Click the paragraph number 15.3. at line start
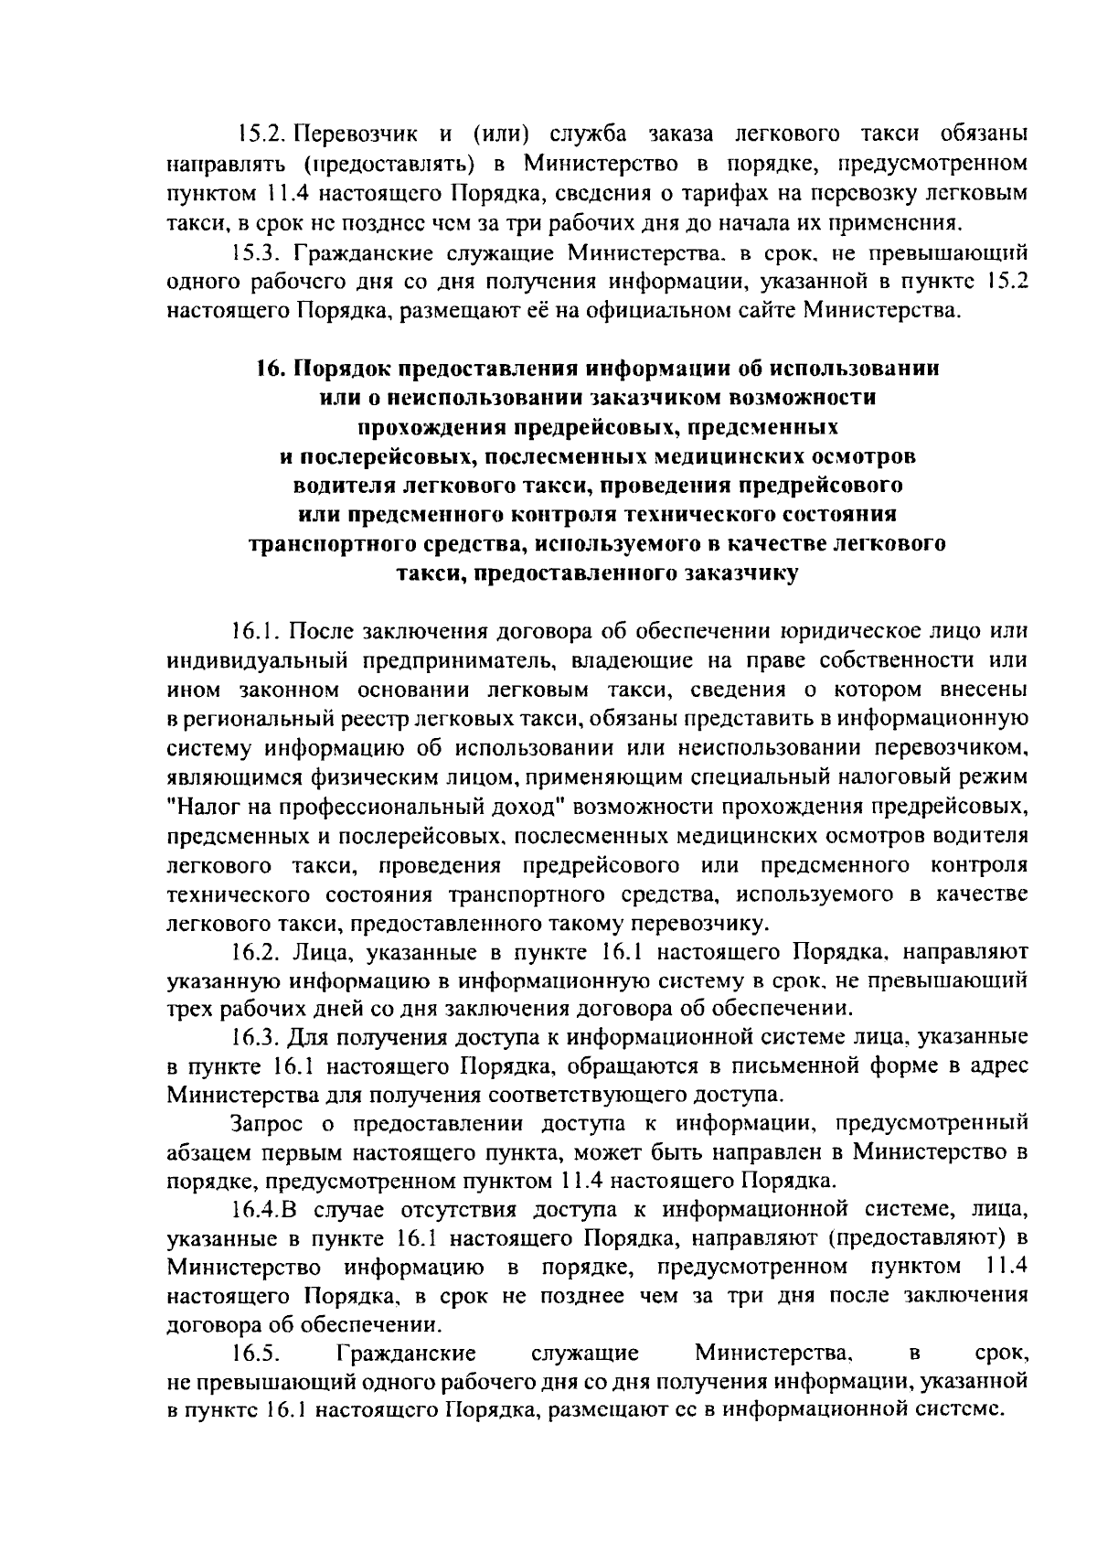click(x=258, y=252)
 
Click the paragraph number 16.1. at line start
click(x=259, y=632)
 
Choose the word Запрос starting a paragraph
click(x=268, y=1122)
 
